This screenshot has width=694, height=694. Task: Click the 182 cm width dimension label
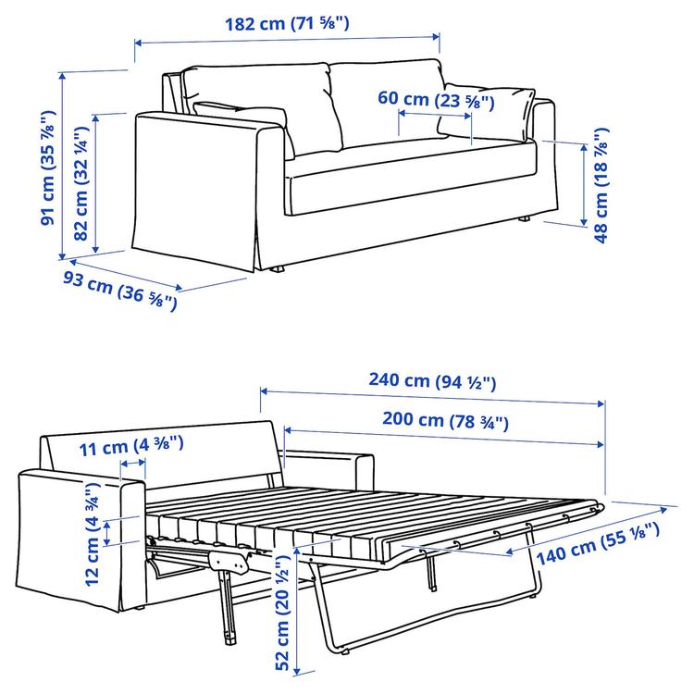[x=287, y=24]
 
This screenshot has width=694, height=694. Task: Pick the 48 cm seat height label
[x=602, y=186]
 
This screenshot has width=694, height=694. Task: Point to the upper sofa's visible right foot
[x=524, y=219]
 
